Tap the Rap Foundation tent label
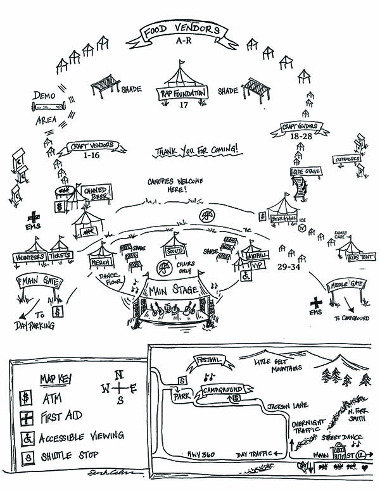point(182,94)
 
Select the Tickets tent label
point(61,256)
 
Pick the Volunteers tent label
point(28,257)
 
